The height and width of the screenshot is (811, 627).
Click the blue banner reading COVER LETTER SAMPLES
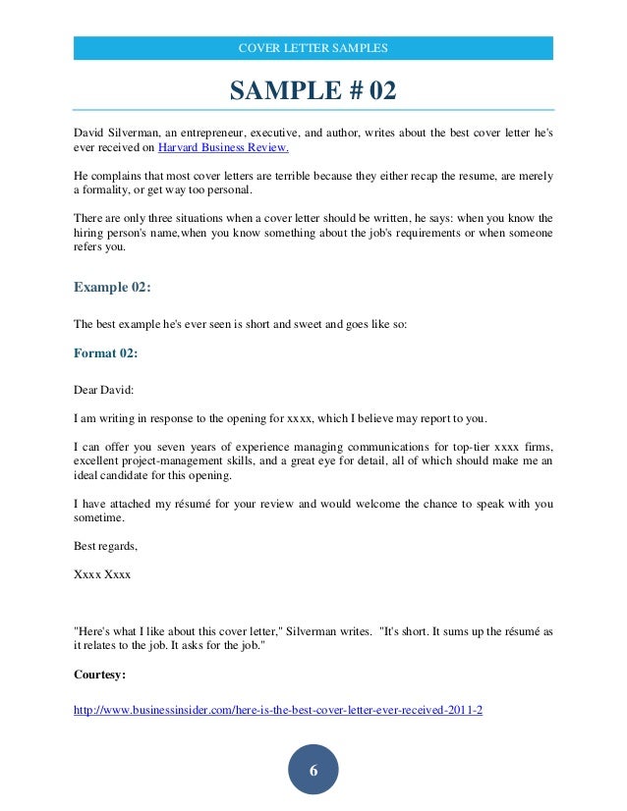point(313,48)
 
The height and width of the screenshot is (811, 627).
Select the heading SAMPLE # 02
point(313,91)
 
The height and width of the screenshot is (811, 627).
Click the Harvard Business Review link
point(224,148)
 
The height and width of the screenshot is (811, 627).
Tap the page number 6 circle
point(313,771)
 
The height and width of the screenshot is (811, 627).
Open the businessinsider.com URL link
point(278,708)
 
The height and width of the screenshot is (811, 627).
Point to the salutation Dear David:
point(105,389)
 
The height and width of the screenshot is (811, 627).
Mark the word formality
point(113,189)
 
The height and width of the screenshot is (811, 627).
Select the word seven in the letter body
point(177,447)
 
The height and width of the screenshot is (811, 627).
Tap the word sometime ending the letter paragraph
point(99,517)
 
